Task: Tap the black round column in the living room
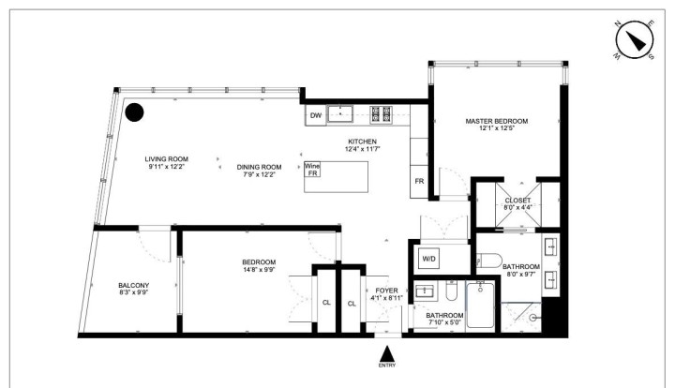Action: [136, 112]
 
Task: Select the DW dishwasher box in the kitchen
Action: [315, 116]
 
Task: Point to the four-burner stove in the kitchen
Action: [382, 114]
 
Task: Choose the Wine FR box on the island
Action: [312, 170]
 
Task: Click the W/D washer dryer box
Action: [429, 258]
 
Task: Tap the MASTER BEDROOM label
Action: [497, 122]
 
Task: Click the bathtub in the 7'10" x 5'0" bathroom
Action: [482, 306]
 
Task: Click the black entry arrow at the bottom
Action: [385, 353]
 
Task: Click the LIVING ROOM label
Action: [166, 159]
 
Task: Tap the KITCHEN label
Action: [362, 142]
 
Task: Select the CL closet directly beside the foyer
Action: [352, 303]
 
